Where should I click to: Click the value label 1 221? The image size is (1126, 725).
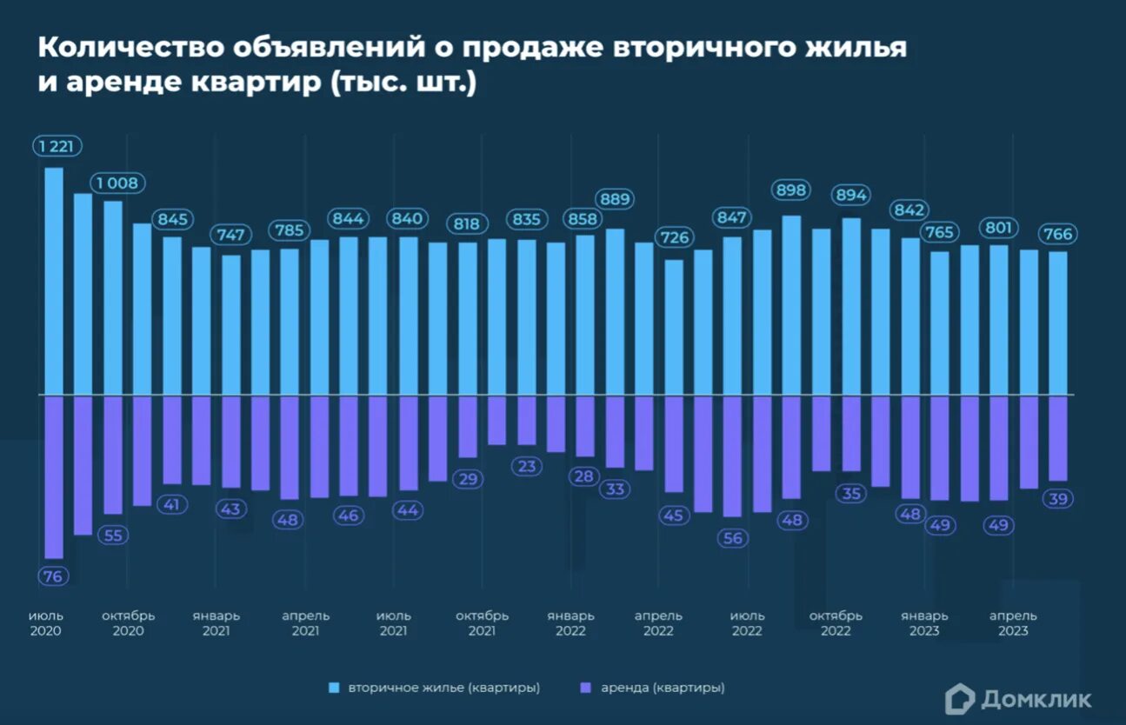click(57, 146)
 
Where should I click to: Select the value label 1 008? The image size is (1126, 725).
click(119, 183)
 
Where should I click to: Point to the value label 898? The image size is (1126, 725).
click(791, 190)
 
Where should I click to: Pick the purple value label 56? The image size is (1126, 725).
click(733, 538)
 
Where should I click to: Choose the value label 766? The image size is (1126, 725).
click(1058, 234)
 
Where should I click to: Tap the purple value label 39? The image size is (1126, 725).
click(1059, 499)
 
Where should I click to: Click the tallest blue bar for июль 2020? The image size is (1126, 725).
click(54, 281)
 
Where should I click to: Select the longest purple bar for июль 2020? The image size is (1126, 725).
click(54, 476)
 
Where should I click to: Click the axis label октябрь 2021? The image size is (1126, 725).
click(482, 623)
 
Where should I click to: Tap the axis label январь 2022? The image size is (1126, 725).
click(571, 623)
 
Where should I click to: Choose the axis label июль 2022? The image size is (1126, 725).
click(747, 623)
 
